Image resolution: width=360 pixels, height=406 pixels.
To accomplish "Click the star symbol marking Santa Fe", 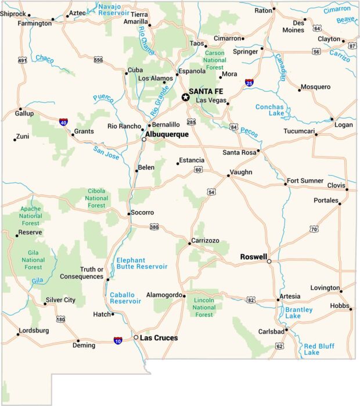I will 186,97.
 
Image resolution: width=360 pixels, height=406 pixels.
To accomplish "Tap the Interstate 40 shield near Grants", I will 63,122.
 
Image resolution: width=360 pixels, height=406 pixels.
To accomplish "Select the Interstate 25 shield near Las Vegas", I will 249,83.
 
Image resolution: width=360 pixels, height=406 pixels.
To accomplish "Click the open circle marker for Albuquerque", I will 144,139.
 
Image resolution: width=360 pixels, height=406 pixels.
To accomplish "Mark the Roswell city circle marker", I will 269,262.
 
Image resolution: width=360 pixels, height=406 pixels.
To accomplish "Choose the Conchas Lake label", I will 269,110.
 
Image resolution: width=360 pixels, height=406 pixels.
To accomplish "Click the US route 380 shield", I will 153,227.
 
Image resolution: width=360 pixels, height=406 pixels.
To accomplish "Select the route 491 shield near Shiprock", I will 22,60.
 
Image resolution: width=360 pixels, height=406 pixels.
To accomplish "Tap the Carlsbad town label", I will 271,331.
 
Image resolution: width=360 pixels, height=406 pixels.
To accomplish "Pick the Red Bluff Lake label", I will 319,348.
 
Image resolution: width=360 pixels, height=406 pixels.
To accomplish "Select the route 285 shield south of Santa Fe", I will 191,122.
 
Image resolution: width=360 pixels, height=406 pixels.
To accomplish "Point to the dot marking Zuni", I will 15,139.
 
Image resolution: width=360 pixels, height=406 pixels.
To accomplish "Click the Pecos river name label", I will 249,132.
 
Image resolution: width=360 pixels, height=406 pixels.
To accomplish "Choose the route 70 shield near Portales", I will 314,230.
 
